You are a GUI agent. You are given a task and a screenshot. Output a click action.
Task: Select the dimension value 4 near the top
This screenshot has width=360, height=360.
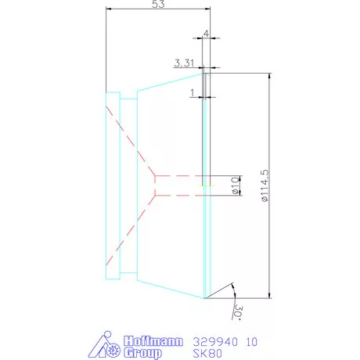(206, 34)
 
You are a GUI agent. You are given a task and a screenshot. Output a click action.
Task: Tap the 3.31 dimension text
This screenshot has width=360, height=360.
(185, 63)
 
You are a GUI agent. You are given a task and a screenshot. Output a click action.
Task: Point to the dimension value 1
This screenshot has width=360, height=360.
(192, 92)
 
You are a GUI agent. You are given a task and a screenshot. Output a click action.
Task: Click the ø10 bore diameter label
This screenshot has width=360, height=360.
(235, 185)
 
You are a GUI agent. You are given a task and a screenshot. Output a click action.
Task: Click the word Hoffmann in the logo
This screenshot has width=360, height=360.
(153, 342)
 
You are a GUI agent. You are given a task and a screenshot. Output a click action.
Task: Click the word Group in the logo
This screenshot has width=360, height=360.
(143, 353)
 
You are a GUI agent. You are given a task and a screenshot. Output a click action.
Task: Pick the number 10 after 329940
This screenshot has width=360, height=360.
(252, 342)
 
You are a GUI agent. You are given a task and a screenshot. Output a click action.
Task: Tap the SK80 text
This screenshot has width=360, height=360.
(208, 353)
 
